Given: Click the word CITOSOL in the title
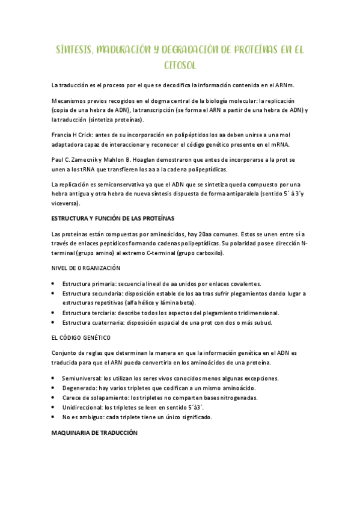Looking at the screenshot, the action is pyautogui.click(x=180, y=64).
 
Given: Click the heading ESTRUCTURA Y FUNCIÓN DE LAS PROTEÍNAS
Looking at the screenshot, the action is pyautogui.click(x=113, y=218).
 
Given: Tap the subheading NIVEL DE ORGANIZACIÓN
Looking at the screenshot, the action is pyautogui.click(x=86, y=268).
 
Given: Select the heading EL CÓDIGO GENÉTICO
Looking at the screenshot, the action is pyautogui.click(x=81, y=338).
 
